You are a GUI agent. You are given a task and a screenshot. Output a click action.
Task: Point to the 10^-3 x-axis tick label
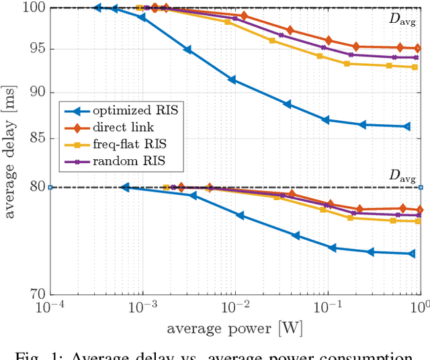coord(143,306)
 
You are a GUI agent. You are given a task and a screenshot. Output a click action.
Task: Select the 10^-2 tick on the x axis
coord(236,306)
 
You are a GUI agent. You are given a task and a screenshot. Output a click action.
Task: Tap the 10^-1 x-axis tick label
coord(329,306)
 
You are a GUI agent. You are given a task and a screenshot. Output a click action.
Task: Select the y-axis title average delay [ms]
coord(11,151)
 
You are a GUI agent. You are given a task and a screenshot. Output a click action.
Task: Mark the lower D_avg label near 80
coord(402,176)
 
